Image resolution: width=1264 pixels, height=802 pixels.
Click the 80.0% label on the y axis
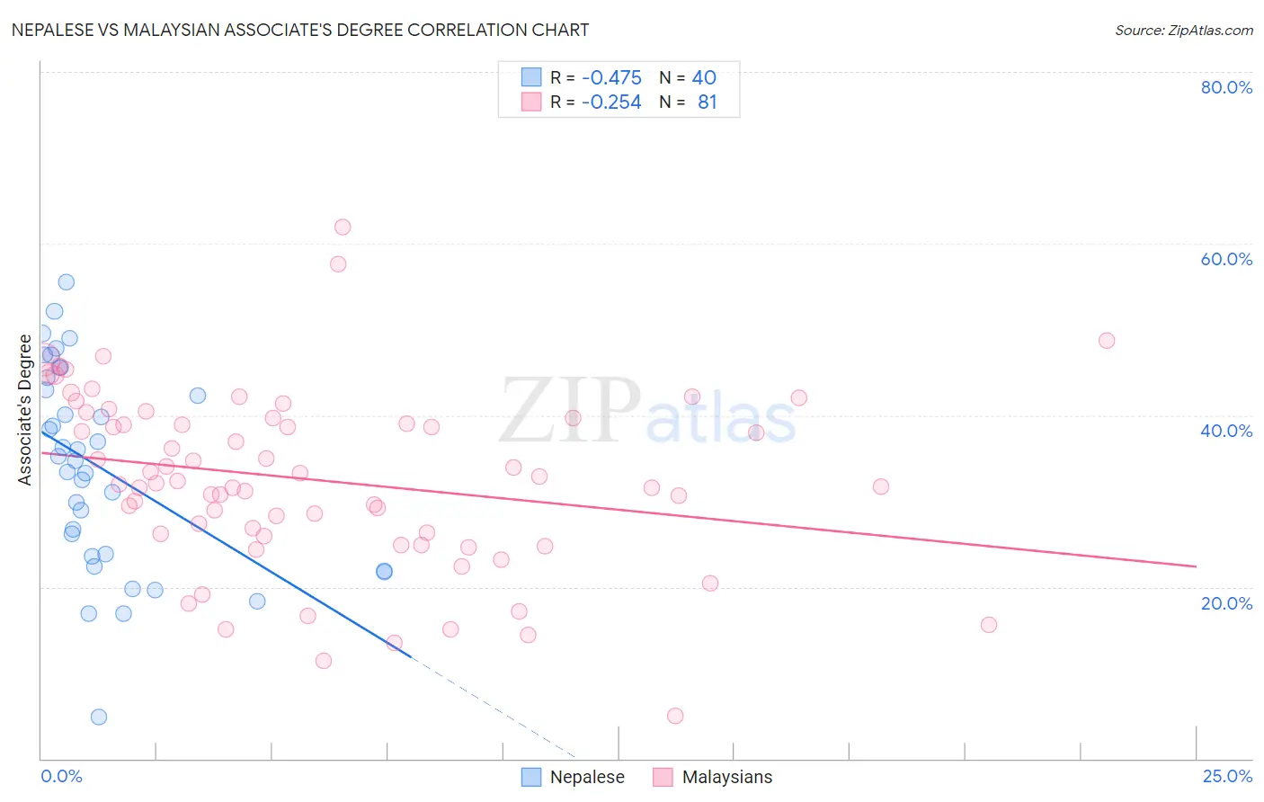pos(1226,87)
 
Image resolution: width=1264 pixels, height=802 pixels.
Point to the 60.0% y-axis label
pos(1226,259)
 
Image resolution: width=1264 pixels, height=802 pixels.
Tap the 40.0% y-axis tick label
pos(1226,431)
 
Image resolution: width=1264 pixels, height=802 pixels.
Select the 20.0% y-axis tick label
pos(1226,603)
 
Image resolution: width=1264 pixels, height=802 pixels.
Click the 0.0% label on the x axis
pos(61,776)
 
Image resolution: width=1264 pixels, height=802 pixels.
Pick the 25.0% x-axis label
pos(1227,776)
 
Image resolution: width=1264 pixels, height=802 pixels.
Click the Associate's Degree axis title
pos(25,410)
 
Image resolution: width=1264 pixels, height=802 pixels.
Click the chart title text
pos(300,30)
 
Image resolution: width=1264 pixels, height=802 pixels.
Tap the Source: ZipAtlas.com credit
pos(1183,31)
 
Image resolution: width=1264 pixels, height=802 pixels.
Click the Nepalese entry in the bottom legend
pos(586,777)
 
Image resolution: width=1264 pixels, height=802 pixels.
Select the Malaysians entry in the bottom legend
pos(726,777)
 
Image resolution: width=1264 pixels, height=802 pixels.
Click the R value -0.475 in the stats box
pos(611,77)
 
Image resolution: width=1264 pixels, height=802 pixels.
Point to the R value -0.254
pos(611,102)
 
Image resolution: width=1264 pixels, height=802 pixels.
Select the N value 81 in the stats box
pos(708,102)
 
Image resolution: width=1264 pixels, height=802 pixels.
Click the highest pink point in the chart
pos(343,227)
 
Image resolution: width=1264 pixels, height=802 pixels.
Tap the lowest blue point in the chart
pos(99,717)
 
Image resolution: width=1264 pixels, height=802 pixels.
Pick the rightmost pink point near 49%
pos(1107,341)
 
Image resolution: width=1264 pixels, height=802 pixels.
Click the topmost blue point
pos(67,282)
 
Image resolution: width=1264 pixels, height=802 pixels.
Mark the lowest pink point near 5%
pos(675,716)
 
